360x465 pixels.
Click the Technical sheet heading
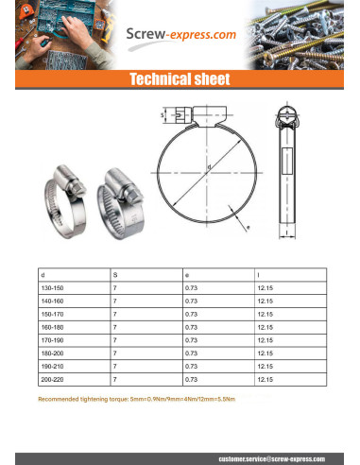[180, 79]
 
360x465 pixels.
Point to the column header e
[187, 273]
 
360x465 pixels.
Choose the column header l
[258, 273]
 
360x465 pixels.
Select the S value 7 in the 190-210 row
[114, 366]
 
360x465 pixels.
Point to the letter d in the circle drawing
[208, 167]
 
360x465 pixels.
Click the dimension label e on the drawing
[248, 228]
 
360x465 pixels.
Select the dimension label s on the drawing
[162, 115]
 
